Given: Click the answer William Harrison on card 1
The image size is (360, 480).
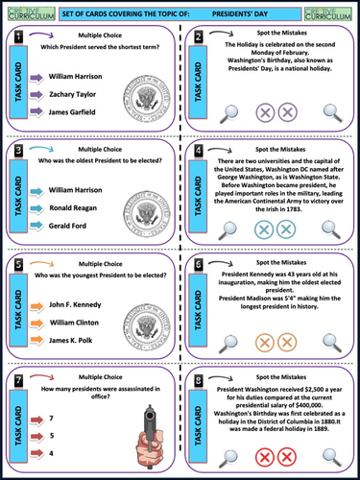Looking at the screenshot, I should coord(78,72).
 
